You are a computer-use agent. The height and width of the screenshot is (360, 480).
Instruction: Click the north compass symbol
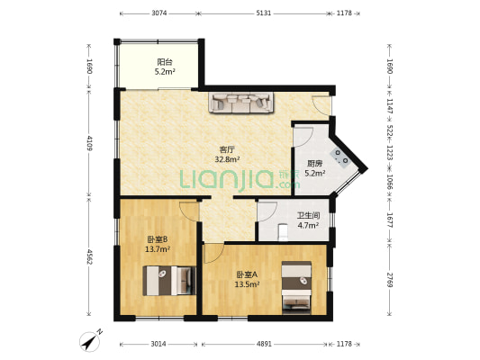coord(90,341)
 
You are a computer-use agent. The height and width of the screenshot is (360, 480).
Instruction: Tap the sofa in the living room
coord(241,103)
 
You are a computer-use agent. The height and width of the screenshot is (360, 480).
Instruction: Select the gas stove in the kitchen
coord(341,157)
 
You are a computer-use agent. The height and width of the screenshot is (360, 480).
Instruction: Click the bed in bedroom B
coord(169,281)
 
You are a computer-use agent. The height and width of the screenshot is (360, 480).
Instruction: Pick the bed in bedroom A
coord(296,287)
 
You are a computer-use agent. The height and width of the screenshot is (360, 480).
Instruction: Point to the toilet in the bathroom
coord(283,232)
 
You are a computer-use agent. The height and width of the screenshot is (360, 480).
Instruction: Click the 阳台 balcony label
coord(165,62)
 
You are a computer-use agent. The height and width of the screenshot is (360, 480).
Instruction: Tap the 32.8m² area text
coord(227,159)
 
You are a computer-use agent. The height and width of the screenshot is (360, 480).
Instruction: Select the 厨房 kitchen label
coord(315,164)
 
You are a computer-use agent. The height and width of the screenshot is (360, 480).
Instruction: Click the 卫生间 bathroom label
coord(309,216)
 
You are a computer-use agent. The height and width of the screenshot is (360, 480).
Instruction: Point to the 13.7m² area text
coord(158,249)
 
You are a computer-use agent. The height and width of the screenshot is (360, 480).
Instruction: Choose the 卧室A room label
coord(247,274)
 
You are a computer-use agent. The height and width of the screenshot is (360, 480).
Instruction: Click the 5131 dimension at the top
coord(264,13)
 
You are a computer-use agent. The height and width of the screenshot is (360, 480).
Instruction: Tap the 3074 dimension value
coord(159,13)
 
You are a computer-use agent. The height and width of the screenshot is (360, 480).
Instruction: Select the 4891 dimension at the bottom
coord(264,344)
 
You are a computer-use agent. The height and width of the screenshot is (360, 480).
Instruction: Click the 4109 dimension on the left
coord(89,143)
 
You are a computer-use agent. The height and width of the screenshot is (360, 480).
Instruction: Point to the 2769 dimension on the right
coord(389,280)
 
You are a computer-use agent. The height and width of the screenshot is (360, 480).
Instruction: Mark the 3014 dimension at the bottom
coord(158,344)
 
